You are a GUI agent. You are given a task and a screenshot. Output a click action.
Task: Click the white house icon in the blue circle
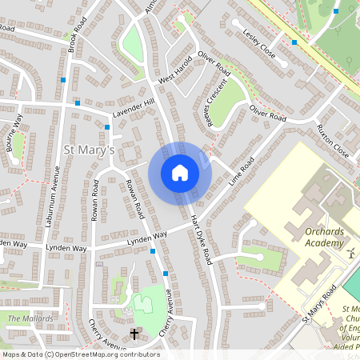click(180, 172)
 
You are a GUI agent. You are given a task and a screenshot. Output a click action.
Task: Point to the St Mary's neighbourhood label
click(89, 150)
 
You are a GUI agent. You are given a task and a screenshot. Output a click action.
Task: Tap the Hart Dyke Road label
click(201, 239)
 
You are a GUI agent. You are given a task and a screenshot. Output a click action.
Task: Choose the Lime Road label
click(241, 171)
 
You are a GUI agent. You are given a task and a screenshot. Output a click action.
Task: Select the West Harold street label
click(175, 70)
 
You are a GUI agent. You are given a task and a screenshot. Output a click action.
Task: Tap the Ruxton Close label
click(332, 140)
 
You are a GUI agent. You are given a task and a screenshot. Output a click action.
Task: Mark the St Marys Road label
click(319, 300)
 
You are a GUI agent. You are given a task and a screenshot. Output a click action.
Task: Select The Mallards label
click(30, 318)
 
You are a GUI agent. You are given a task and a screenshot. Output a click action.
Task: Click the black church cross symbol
click(134, 334)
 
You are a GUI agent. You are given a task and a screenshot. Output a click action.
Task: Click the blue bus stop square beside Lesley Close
click(294, 42)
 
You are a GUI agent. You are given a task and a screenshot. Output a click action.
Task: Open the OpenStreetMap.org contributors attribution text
click(80, 354)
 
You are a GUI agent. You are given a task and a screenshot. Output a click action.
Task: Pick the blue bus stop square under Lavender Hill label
click(107, 126)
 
